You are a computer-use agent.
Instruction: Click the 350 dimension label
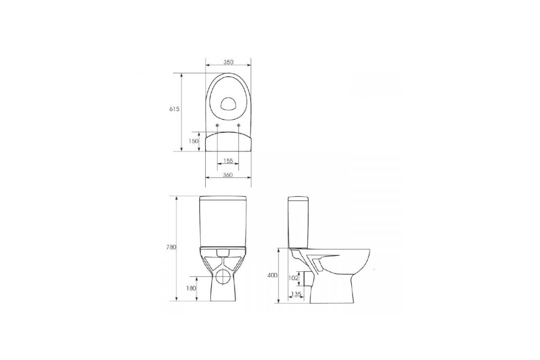228,62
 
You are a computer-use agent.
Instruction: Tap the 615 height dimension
174,109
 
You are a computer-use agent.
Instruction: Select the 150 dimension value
193,141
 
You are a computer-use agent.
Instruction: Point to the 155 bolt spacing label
228,161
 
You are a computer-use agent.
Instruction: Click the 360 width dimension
228,175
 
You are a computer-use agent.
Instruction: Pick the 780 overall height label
171,247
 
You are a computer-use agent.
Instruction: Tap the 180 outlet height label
191,288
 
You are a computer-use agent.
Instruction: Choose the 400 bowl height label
272,275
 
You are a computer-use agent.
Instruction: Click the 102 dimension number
293,278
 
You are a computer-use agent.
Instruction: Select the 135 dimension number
296,294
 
